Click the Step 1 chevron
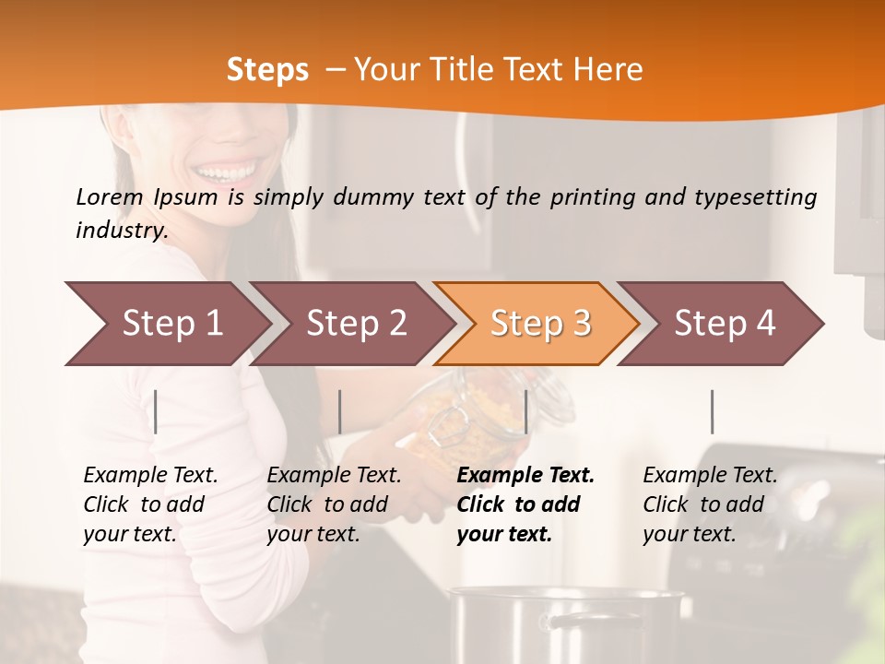pos(171,324)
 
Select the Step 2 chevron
pos(356,324)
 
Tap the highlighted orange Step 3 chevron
pos(540,324)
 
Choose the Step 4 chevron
pos(725,324)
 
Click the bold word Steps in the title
pos(267,70)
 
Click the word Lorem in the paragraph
pos(110,196)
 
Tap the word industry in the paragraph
pos(121,231)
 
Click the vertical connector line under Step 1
pos(156,411)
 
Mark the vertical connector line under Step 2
pos(340,411)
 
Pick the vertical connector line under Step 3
pos(525,411)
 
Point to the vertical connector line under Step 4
pos(713,411)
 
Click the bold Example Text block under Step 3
pos(525,504)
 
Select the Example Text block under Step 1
pos(150,504)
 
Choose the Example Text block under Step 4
pos(710,504)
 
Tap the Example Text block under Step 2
pos(334,504)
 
